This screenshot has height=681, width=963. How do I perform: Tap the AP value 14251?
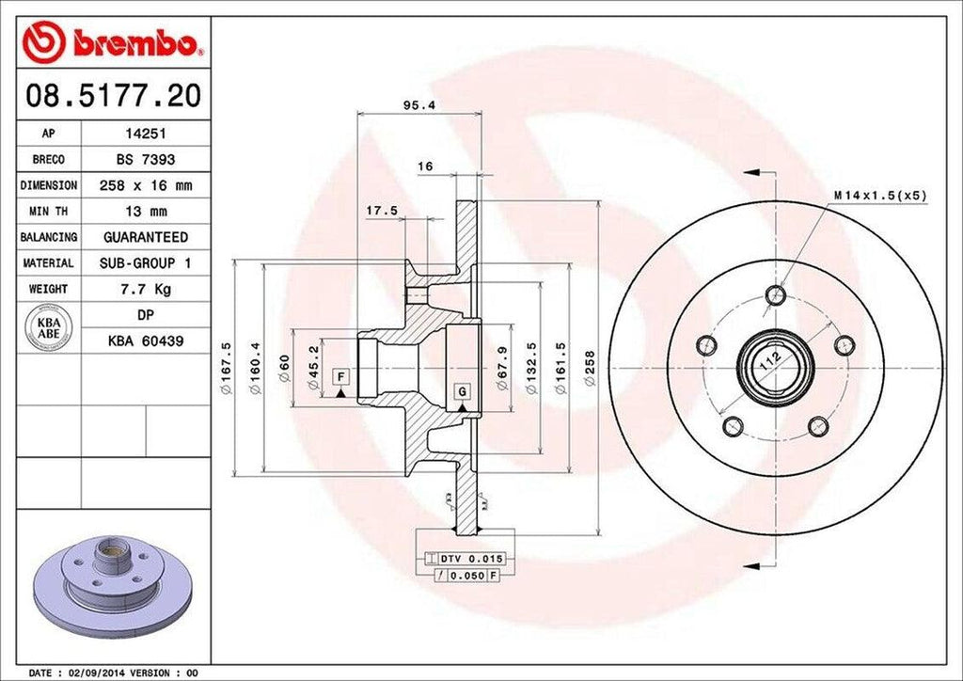145,135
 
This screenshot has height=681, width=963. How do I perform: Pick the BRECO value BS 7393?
145,160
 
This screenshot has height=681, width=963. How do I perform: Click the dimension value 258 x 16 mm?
145,186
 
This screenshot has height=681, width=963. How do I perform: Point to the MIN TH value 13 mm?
145,212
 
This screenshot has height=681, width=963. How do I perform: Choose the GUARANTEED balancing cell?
145,237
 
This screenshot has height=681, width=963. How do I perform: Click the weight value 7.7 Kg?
145,289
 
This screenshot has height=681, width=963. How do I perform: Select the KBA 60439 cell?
145,340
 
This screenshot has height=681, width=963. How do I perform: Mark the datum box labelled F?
341,377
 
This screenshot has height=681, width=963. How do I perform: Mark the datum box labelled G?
462,391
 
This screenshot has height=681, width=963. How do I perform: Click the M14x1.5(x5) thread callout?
879,196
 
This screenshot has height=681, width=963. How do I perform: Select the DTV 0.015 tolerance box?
462,559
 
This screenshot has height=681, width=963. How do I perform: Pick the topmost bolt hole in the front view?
776,295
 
